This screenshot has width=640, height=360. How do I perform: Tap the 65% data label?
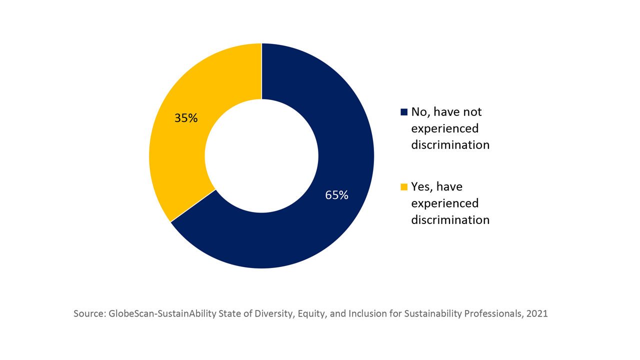pos(336,195)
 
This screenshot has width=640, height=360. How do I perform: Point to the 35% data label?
pos(186,118)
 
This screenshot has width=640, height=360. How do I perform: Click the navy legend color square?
pos(404,112)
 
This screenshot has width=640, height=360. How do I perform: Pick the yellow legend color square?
pos(404,187)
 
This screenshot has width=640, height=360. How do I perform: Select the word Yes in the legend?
pos(421,187)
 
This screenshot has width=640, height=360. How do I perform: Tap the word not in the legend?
pos(471,112)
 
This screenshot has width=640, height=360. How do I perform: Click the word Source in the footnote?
pos(88,314)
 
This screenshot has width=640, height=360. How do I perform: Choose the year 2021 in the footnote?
pos(537,314)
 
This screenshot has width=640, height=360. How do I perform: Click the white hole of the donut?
pos(261,156)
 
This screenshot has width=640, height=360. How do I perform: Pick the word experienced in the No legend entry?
pos(444,128)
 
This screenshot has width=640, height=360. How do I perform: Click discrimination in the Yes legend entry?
pos(450,219)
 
